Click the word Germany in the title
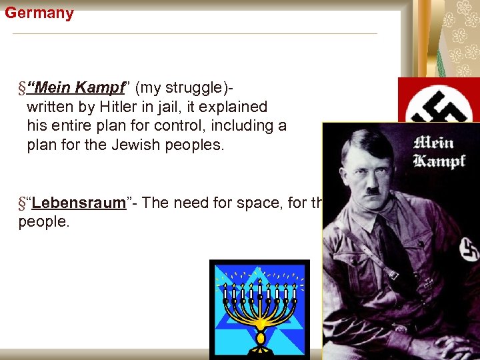click(39, 13)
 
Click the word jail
click(159, 107)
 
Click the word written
click(52, 107)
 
